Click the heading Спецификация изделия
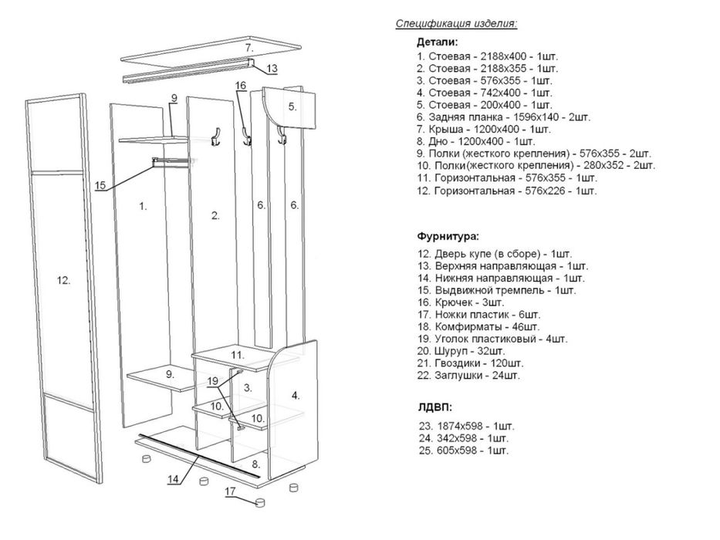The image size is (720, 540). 456,24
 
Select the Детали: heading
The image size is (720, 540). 437,42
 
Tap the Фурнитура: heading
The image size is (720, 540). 448,237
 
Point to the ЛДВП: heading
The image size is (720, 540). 435,407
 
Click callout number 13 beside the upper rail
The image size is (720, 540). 272,69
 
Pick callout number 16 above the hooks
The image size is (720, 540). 241,86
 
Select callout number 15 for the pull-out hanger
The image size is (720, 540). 100,185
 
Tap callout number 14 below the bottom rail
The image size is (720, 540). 173,479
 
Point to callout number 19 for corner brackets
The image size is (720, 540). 212,381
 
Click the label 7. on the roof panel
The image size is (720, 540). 249,47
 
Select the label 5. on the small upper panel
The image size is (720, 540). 292,106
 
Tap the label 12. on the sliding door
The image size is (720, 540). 63,280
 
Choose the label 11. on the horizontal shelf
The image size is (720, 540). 238,355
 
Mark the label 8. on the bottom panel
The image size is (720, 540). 255,464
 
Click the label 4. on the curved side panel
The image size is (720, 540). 296,395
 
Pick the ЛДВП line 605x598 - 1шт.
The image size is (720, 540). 464,451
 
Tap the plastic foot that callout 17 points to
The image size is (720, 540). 260,502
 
